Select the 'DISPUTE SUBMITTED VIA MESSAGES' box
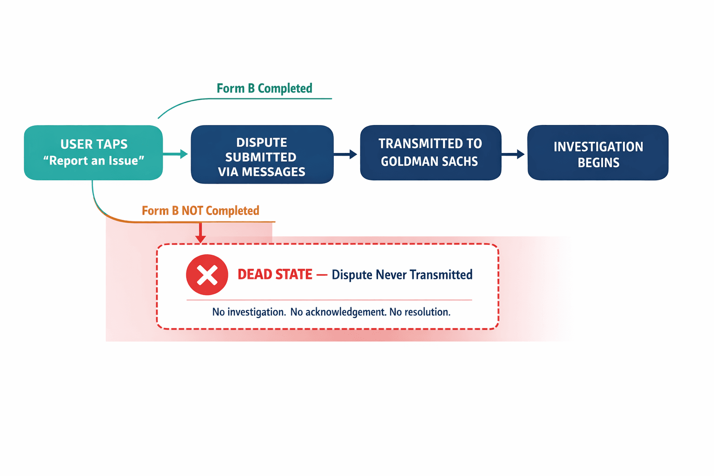click(x=262, y=154)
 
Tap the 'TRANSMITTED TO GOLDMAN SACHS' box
click(x=430, y=152)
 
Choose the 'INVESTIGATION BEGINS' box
click(x=598, y=153)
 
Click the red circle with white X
click(x=207, y=275)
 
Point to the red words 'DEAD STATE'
click(x=275, y=275)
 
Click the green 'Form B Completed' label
click(x=264, y=88)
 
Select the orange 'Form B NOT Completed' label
click(x=200, y=211)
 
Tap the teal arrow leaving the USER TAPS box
click(x=176, y=154)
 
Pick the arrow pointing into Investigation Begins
click(x=514, y=154)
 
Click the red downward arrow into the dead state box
click(x=200, y=233)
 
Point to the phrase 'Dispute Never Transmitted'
click(x=402, y=275)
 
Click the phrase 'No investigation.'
click(x=249, y=312)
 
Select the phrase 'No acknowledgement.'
click(x=338, y=312)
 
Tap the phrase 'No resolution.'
click(x=420, y=312)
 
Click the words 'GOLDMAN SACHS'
click(x=429, y=161)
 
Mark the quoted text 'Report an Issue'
click(x=93, y=161)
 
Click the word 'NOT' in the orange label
click(x=192, y=211)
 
